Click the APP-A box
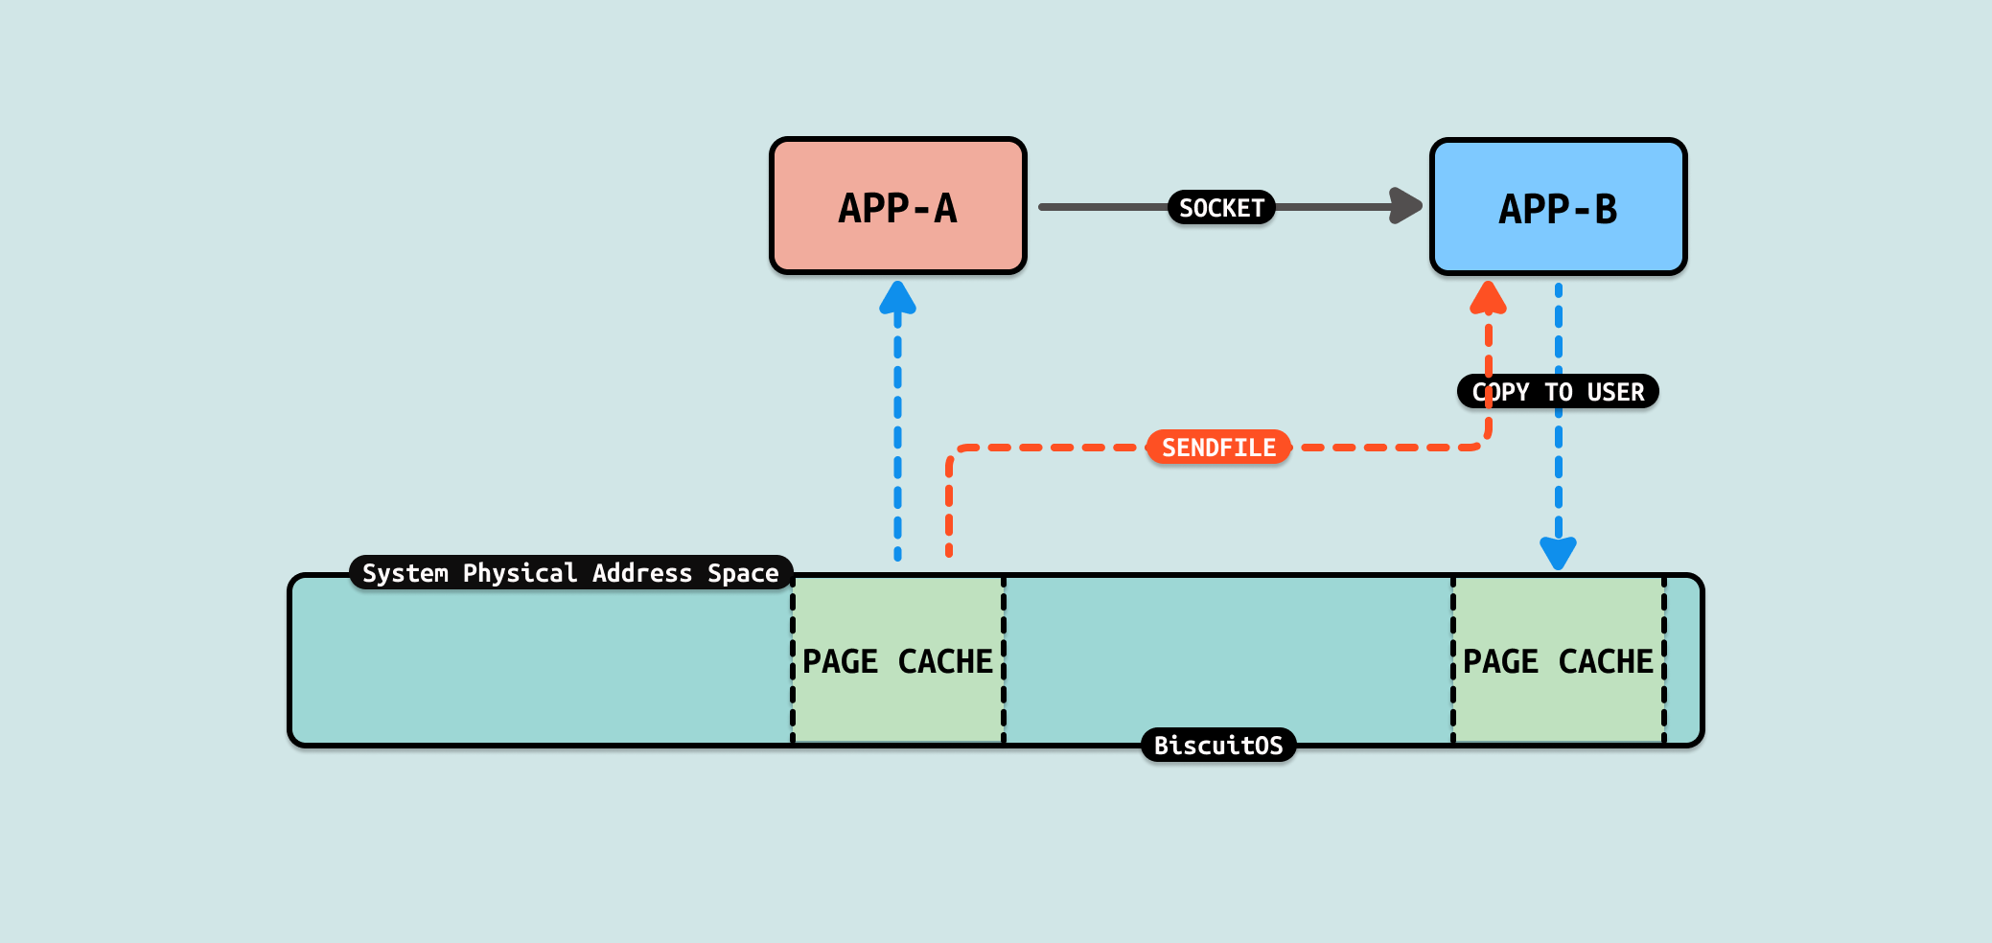897,207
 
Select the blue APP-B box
1558,207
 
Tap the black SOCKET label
1220,207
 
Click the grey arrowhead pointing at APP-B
1405,206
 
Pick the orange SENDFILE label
1218,448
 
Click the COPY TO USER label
1558,392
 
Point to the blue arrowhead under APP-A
897,298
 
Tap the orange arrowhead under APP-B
1488,298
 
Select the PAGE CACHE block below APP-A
897,660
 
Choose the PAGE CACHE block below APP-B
1558,660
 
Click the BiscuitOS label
1218,746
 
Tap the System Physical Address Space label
570,573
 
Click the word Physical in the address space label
520,573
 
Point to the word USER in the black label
1615,392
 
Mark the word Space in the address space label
743,573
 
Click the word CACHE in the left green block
945,661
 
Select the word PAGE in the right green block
1500,661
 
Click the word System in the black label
405,573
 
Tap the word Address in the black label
641,573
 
